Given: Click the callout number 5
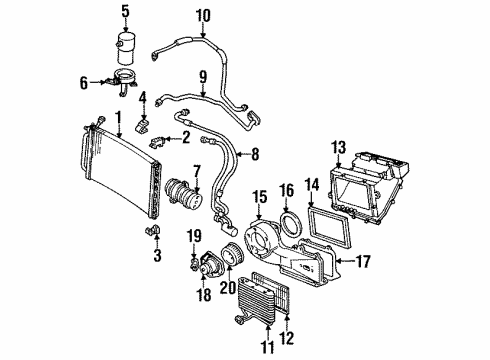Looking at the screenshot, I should [126, 12].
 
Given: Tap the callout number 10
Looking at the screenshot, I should [203, 15].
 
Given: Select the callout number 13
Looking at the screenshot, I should [339, 149].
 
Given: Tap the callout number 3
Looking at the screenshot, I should [157, 258].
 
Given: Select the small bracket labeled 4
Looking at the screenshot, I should [143, 121].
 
